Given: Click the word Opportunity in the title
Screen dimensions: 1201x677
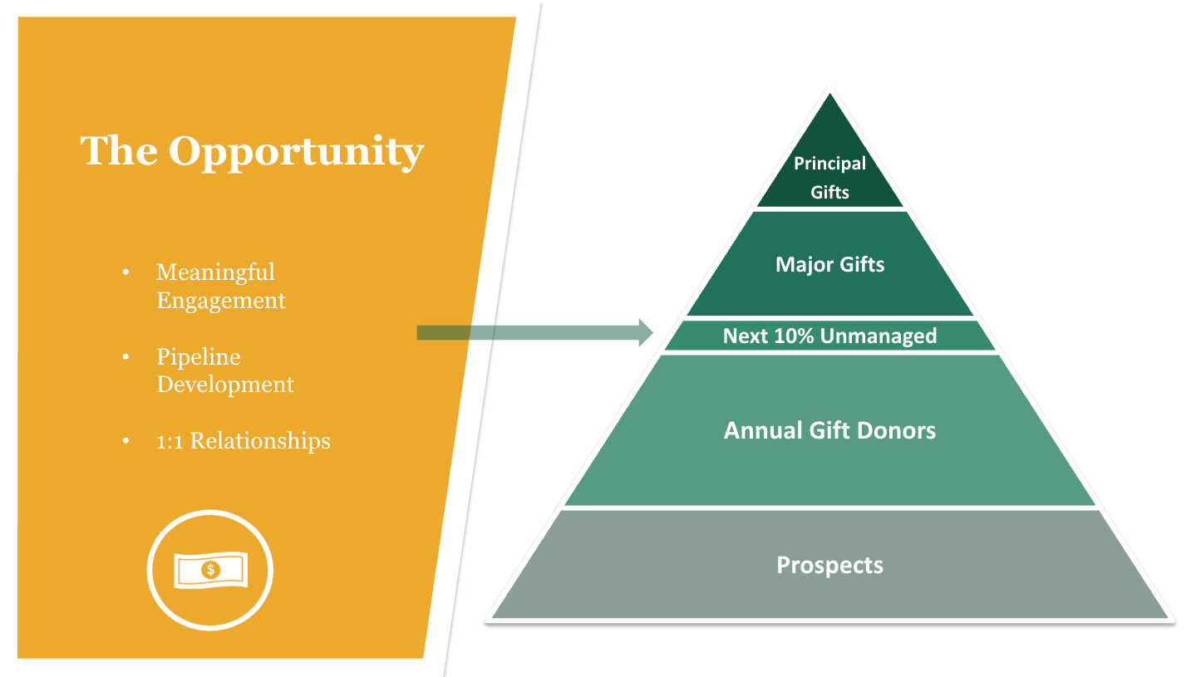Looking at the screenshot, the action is [x=296, y=151].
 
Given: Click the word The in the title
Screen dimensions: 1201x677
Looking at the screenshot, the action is [x=119, y=150].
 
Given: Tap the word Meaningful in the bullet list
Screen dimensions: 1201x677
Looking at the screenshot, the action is [x=215, y=272].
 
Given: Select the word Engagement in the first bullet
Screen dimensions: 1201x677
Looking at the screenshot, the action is [x=221, y=300].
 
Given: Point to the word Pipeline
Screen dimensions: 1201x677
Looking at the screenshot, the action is [x=199, y=357].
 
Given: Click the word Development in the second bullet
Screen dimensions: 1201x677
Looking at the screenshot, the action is [x=225, y=385].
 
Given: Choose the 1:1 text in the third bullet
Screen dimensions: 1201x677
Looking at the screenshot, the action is [x=170, y=441].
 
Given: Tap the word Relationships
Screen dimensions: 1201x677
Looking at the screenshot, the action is [x=260, y=441].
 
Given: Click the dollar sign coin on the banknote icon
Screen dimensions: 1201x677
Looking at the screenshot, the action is [x=211, y=570].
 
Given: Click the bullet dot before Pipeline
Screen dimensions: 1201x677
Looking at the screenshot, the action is [x=126, y=357].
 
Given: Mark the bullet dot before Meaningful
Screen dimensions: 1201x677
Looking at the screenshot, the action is [x=126, y=272].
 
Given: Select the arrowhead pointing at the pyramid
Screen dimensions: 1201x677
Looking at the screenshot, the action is [x=645, y=332].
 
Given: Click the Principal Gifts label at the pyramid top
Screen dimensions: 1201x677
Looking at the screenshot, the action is [x=829, y=177].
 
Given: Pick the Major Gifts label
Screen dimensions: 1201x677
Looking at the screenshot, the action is [x=829, y=265].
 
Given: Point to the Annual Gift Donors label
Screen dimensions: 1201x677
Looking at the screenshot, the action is [x=829, y=430].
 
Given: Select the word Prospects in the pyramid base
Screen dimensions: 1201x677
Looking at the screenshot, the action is [x=829, y=565].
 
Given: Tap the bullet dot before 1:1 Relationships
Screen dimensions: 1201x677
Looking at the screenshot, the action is [x=126, y=442].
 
